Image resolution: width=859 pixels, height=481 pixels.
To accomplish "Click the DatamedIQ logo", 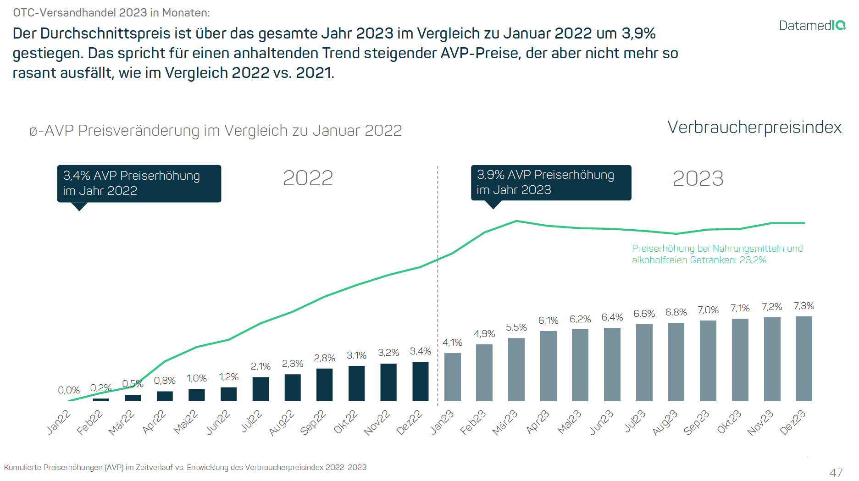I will point(812,26).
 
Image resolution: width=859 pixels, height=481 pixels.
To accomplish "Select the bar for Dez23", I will point(804,359).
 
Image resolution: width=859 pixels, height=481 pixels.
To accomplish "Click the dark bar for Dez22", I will point(420,381).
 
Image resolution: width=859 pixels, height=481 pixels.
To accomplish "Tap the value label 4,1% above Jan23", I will point(452,343).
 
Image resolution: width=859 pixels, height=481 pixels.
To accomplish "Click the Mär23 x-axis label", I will point(504,422).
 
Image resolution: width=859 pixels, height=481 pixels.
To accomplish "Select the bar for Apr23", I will point(548,366).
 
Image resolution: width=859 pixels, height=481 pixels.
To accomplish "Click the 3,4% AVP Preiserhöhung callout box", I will point(139,183).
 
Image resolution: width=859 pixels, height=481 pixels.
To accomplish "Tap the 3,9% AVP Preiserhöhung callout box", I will point(551,182).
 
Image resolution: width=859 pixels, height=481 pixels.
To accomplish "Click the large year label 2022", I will point(308,178).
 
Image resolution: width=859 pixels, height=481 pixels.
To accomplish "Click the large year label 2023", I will point(698,178).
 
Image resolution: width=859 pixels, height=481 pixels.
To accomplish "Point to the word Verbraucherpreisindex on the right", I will point(754,127).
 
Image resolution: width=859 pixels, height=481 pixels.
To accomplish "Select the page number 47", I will point(836,472).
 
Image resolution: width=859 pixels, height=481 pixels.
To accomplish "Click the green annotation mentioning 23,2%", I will point(717,254).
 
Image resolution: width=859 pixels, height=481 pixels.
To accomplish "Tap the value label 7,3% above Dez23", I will point(804,306).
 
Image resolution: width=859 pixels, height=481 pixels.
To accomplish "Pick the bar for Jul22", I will point(260,389).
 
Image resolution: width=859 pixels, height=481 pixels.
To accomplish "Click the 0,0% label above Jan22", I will point(69,390).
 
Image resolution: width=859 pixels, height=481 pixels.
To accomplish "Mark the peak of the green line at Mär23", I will point(516,221).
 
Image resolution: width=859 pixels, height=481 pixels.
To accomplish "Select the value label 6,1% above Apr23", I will point(548,321).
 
